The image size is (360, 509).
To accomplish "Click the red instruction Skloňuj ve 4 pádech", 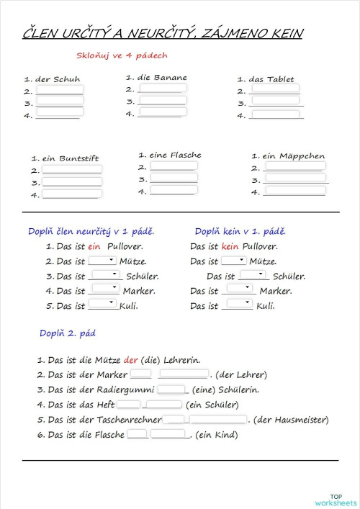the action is click(x=122, y=55).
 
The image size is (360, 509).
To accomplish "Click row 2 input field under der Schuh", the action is click(x=60, y=91).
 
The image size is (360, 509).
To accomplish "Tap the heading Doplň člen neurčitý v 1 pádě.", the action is click(x=91, y=232).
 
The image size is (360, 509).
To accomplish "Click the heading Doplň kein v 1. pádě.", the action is click(x=240, y=232).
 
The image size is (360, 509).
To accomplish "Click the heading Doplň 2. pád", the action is click(x=68, y=333).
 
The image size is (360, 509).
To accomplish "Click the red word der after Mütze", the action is click(x=130, y=360).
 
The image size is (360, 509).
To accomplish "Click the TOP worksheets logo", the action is click(x=335, y=500).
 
